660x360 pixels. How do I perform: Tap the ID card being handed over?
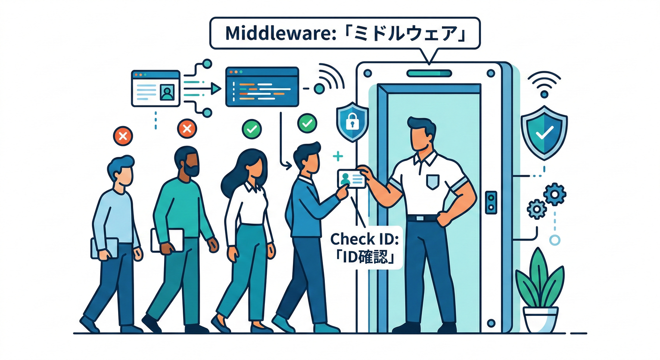click(x=352, y=179)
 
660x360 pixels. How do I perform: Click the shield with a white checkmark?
click(x=544, y=133)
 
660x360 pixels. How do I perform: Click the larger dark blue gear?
click(x=555, y=194)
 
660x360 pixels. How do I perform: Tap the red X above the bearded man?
click(x=187, y=128)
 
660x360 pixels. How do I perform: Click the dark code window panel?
click(x=262, y=87)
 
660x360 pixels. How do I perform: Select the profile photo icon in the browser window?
click(x=166, y=92)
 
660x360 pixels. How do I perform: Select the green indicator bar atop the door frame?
click(x=429, y=73)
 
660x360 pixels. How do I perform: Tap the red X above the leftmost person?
click(x=123, y=136)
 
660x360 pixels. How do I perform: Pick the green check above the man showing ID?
click(x=307, y=123)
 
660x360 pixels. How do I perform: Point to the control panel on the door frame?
click(x=491, y=202)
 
